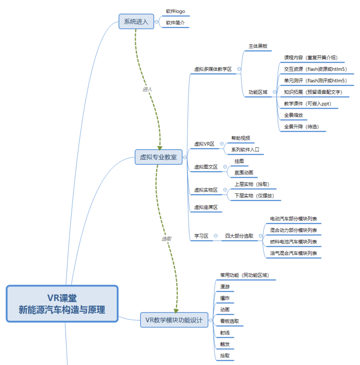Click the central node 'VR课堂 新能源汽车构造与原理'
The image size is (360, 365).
62,304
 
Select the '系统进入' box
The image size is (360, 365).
136,21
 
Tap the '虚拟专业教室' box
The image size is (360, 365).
158,158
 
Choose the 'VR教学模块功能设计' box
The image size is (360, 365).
174,321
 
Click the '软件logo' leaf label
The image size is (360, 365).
175,11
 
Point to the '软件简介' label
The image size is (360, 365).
175,23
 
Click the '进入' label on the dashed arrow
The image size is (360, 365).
147,89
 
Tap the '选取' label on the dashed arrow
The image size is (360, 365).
167,238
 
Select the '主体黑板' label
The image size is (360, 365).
258,46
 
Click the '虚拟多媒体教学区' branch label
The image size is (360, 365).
213,69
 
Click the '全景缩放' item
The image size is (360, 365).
293,115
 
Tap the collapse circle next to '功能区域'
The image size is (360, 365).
275,92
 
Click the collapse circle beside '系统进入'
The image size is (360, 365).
156,22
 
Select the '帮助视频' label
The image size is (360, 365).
241,138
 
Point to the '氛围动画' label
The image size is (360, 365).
244,172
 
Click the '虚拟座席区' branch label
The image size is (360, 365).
206,207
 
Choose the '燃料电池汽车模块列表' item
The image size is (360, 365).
293,242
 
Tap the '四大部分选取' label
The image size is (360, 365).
239,236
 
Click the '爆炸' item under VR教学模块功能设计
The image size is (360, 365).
225,298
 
